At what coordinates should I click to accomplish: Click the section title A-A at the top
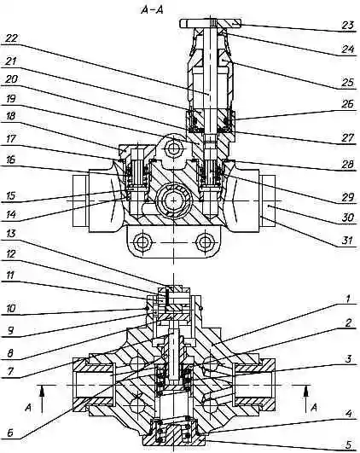pos(152,10)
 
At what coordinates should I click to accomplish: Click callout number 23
pos(347,26)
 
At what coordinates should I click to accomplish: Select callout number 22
pos(12,38)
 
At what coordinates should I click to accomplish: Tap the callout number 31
pos(346,241)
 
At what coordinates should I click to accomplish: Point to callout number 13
pos(10,233)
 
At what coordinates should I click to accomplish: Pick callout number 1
pos(348,299)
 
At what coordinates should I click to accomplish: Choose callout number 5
pos(349,445)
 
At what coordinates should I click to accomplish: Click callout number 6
pos(10,433)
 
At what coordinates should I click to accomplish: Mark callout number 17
pos(10,139)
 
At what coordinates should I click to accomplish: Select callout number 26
pos(347,104)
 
